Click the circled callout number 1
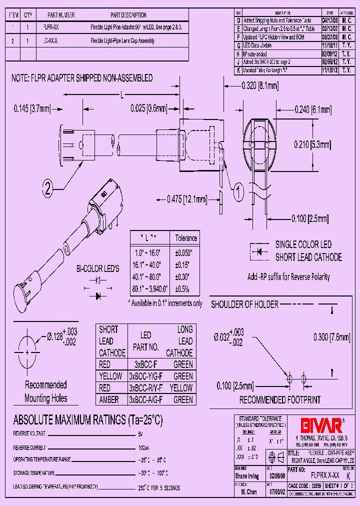tap(238, 189)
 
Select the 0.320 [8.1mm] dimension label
tap(259, 86)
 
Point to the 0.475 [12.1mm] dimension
tap(187, 199)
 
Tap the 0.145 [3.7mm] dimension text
tap(31, 107)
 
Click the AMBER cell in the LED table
tap(109, 399)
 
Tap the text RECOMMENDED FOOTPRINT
tap(280, 400)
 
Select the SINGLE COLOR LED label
tap(303, 244)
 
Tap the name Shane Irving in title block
tap(247, 476)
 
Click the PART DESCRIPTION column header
tap(128, 15)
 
